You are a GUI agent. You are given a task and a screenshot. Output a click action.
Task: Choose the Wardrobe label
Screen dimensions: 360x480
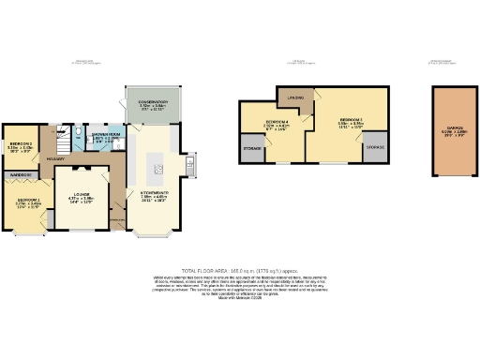point(20,174)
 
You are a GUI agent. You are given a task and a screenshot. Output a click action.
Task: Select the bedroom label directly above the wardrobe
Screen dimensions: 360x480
point(20,146)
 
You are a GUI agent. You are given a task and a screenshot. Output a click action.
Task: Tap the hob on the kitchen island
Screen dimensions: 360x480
point(159,169)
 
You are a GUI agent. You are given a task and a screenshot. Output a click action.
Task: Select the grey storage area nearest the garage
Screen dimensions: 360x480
point(372,147)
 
